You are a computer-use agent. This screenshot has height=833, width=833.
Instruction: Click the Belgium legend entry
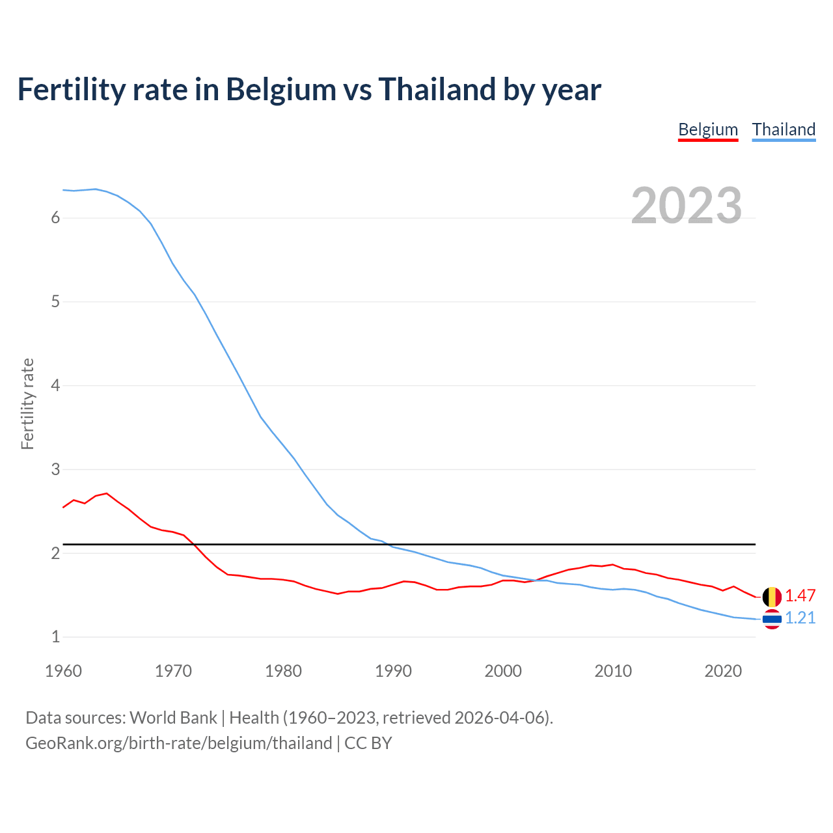coord(708,130)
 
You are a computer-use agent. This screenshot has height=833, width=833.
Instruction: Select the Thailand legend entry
coord(784,130)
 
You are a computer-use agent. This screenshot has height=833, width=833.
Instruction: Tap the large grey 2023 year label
coord(686,206)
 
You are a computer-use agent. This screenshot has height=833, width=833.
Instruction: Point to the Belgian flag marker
coord(772,596)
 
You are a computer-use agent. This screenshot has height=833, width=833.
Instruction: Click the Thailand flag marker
coord(772,620)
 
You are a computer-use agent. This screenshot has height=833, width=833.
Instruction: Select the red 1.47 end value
coord(800,595)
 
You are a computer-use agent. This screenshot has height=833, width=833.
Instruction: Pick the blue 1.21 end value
coord(800,618)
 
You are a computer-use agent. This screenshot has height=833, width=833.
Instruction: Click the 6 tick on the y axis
coord(55,218)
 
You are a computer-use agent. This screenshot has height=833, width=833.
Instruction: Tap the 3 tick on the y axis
coord(55,469)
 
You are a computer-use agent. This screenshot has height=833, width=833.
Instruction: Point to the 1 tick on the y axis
coord(55,637)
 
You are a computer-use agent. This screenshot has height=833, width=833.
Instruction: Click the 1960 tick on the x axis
coord(63,671)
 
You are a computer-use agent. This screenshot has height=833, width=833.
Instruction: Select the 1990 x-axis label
coord(393,671)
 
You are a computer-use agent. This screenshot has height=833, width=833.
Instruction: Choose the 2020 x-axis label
coord(723,671)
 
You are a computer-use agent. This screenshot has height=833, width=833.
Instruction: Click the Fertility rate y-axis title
coord(27,403)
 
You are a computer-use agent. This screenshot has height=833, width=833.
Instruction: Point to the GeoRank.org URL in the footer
coord(178,743)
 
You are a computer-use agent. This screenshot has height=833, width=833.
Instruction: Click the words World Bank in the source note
coord(173,718)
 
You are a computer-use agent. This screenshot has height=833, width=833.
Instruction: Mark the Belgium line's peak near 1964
coord(107,493)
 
